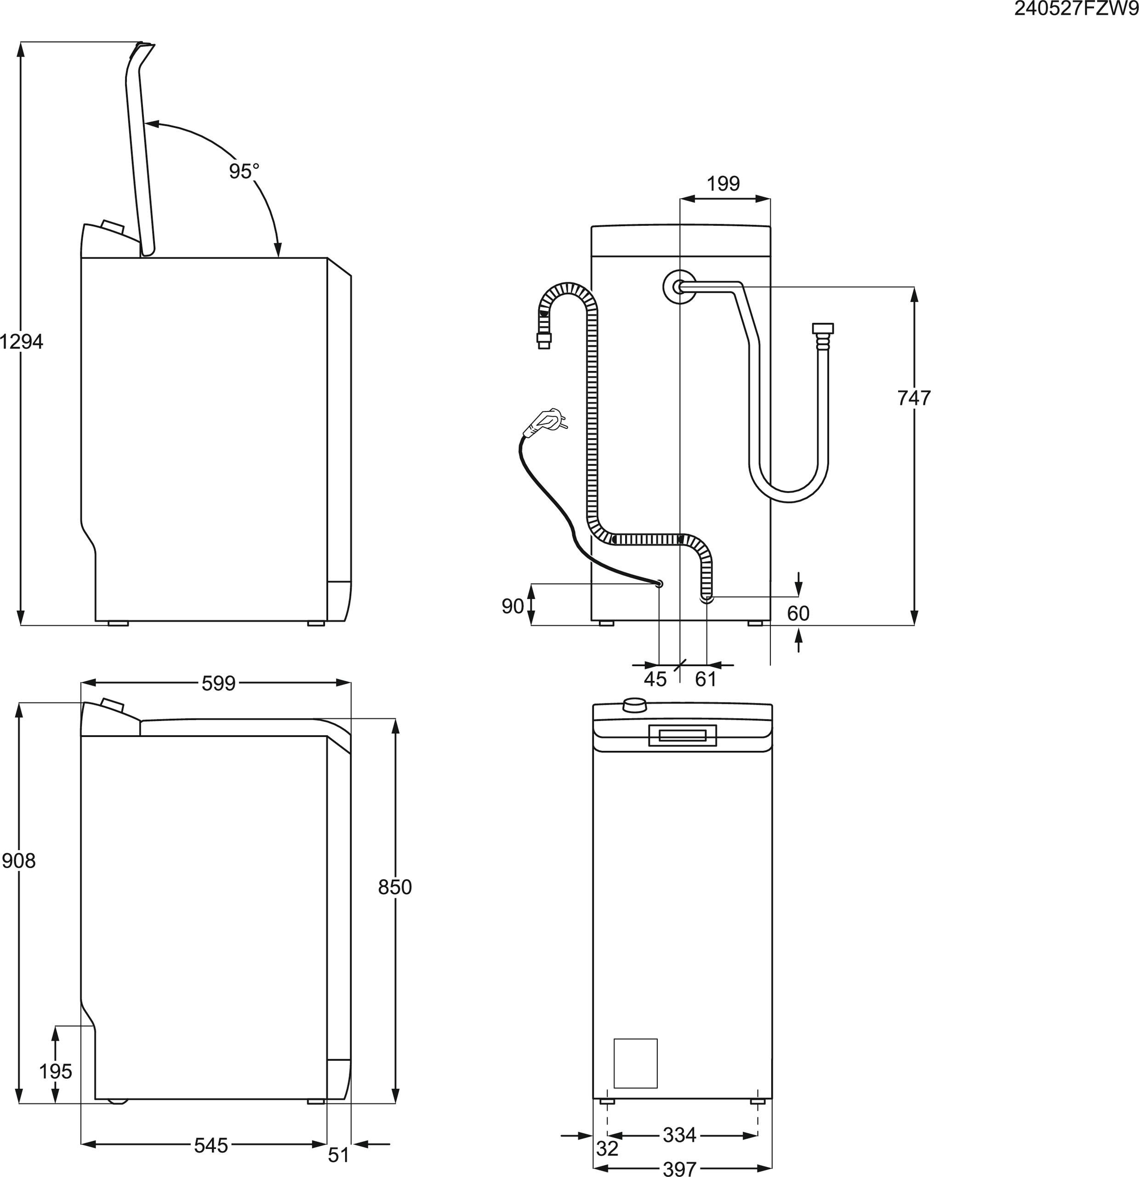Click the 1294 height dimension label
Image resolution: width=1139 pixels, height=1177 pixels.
tap(22, 342)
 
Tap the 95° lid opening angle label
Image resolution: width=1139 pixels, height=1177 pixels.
tap(243, 171)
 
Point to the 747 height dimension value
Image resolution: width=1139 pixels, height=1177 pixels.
tap(913, 398)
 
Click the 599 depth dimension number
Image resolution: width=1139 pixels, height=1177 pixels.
tap(218, 683)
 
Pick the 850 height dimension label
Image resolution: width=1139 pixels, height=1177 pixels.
tap(394, 887)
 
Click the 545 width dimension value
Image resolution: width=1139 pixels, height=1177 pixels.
tap(211, 1146)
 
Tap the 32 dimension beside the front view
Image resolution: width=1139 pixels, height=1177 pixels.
tap(607, 1148)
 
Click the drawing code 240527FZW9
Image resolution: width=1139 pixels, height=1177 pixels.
tap(1076, 9)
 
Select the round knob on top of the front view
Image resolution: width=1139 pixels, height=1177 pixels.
tap(635, 704)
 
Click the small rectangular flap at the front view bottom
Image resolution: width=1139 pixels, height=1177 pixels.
tap(635, 1063)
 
